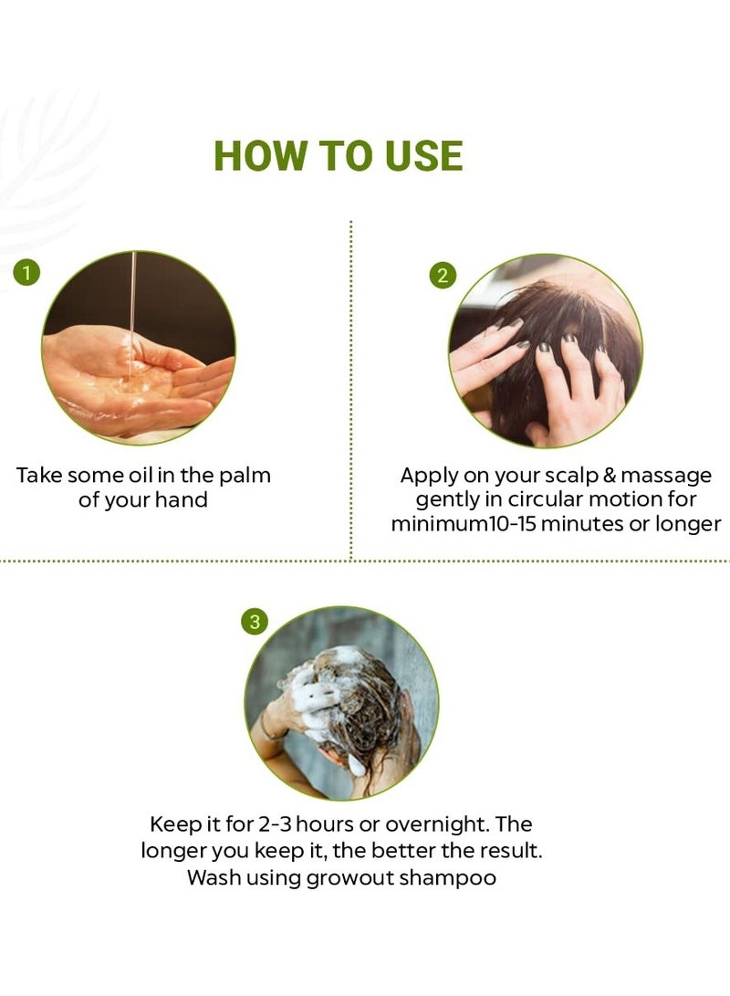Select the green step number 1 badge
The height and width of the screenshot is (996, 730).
click(26, 272)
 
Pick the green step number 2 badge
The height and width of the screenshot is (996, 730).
click(443, 276)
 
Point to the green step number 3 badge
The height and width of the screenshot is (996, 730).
click(255, 621)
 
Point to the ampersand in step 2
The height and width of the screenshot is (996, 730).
click(610, 476)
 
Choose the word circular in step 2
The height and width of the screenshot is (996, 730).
click(546, 499)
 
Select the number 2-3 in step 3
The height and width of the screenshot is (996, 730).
click(275, 824)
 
